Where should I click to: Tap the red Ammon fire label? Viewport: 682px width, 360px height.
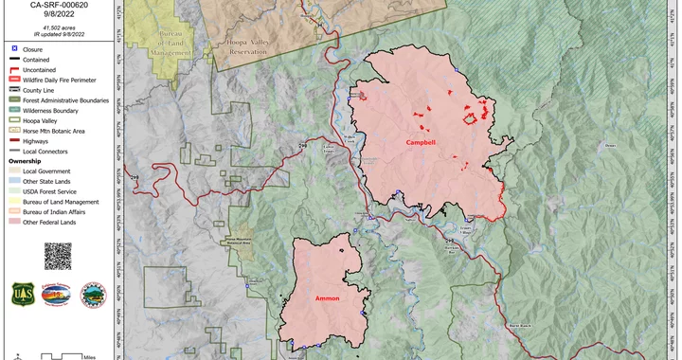(328, 298)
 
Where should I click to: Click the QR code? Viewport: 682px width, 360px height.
(58, 256)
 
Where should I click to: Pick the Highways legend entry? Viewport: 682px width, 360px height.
(35, 141)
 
